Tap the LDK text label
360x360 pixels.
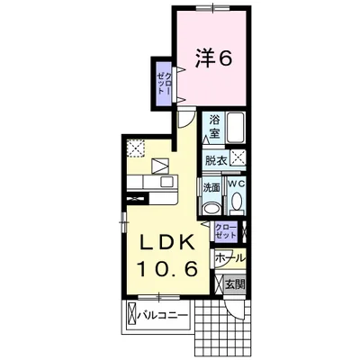click(167, 242)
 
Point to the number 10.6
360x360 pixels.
click(167, 268)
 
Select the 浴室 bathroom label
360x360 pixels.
click(214, 126)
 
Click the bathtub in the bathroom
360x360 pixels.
click(236, 128)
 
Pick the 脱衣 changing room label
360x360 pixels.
click(215, 161)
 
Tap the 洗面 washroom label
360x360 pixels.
click(211, 188)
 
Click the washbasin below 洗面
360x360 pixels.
click(211, 209)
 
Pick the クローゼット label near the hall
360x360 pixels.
click(226, 230)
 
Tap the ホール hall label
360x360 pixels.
click(230, 258)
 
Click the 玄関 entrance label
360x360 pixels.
click(235, 283)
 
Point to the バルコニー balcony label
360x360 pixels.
click(163, 316)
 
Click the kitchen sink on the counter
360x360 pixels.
click(166, 182)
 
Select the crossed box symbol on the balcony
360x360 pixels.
click(131, 315)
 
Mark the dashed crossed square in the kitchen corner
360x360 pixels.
click(135, 148)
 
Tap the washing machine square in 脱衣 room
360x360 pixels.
click(238, 157)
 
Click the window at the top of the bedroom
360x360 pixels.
click(213, 8)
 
